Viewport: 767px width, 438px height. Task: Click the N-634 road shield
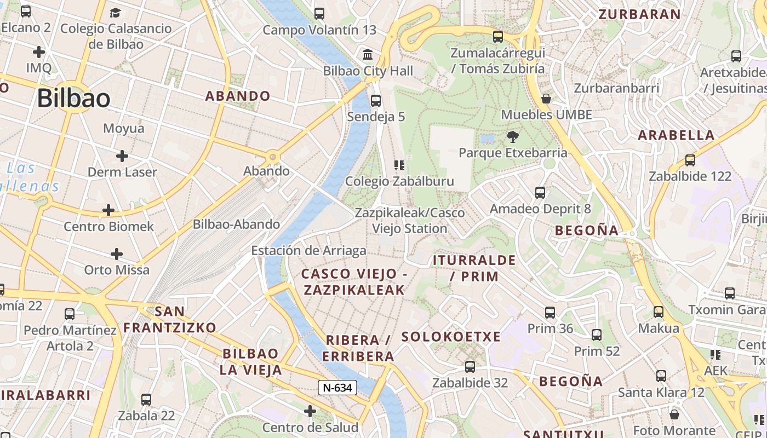(337, 388)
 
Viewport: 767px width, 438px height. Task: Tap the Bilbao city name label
(74, 98)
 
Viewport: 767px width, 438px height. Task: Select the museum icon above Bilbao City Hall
(368, 55)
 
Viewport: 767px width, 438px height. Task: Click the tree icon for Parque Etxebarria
(513, 136)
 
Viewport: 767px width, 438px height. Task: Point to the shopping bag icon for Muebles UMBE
(546, 99)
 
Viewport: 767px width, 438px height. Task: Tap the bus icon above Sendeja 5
(375, 100)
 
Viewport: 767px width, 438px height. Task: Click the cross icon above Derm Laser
(122, 156)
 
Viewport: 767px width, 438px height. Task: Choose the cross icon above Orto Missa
(116, 254)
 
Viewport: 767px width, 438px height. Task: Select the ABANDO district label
(238, 96)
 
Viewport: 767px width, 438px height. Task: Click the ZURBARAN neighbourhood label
(640, 14)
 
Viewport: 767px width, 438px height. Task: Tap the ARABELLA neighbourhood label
(677, 135)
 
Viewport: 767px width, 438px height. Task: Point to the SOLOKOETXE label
(451, 337)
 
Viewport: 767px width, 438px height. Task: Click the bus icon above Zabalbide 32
(470, 367)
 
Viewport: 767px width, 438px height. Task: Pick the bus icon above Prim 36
(550, 313)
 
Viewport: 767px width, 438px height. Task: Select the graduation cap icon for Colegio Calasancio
(115, 13)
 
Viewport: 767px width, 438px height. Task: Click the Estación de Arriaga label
(308, 251)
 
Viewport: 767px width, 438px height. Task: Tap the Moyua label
(124, 129)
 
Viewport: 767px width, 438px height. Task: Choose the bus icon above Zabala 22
(146, 400)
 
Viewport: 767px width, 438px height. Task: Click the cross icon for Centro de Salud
(310, 411)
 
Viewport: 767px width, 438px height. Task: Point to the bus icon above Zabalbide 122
(690, 160)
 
